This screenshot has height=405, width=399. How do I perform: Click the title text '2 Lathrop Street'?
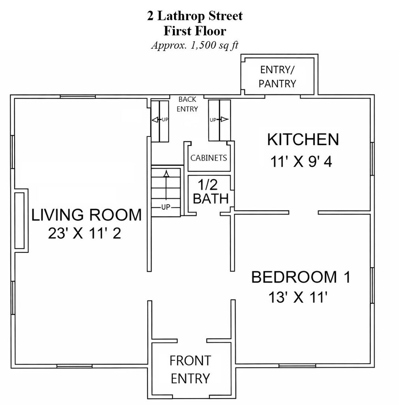point(195,16)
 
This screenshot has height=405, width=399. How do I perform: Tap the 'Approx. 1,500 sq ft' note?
point(195,45)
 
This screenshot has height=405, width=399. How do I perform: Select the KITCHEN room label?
point(303,140)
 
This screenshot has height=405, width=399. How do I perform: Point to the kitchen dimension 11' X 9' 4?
point(301,162)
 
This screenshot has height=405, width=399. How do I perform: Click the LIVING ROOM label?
point(86,215)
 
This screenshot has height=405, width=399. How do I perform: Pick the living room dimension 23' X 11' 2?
point(84,233)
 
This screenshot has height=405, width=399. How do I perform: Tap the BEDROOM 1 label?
point(301,277)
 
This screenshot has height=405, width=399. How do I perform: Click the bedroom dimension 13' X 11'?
point(298,297)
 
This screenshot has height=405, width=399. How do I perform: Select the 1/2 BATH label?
point(211,192)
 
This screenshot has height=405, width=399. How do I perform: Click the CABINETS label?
point(209,158)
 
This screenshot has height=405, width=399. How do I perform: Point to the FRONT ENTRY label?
point(191,370)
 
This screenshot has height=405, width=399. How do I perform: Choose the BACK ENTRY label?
point(187,104)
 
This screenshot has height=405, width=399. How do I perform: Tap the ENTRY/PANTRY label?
point(277,77)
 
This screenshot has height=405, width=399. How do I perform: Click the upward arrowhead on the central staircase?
point(167,173)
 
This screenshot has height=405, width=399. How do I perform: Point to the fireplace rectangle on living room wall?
point(19,221)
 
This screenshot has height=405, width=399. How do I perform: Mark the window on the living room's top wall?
point(78,97)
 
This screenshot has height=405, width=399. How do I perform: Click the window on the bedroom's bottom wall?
point(297,366)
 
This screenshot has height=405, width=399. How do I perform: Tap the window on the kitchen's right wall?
point(372,159)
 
